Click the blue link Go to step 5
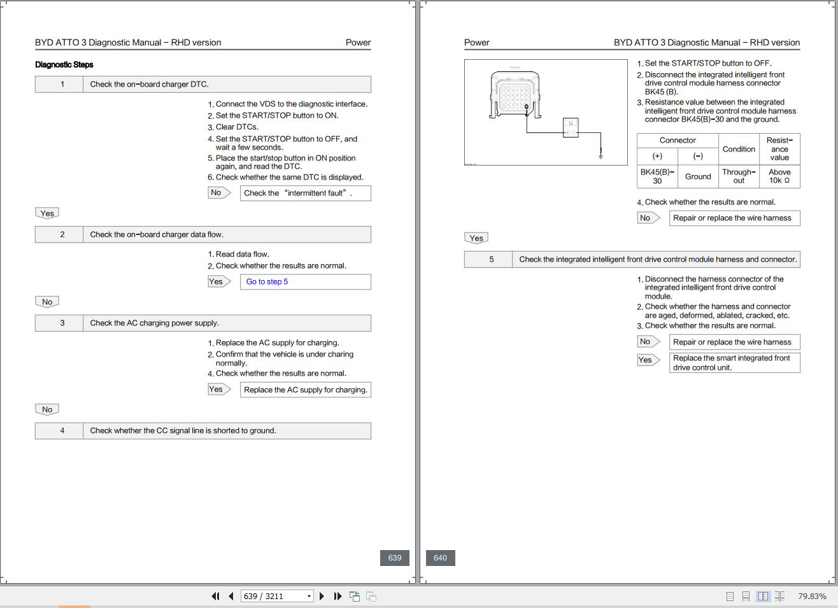point(267,281)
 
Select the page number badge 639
point(394,558)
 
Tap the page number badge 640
point(440,558)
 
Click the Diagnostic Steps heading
point(64,64)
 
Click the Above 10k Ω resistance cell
point(779,176)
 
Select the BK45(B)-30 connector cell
point(657,176)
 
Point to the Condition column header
point(739,149)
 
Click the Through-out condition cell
point(739,176)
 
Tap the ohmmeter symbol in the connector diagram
point(571,127)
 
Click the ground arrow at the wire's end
point(601,154)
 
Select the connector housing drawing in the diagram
point(515,95)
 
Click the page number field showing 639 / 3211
point(277,596)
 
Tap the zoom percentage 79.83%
point(812,596)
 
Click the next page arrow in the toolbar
point(322,596)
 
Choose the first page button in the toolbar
point(215,596)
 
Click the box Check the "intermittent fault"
point(306,194)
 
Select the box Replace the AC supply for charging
point(306,390)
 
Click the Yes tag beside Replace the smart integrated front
point(648,360)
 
